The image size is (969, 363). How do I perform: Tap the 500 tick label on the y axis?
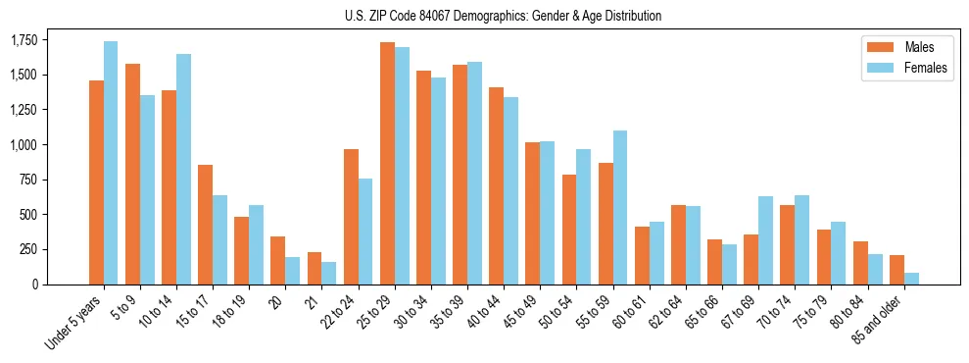coord(30,215)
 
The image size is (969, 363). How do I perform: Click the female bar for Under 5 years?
coord(111,163)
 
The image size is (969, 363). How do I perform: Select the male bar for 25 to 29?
coord(387,163)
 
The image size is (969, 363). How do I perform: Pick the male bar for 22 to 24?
coord(351,217)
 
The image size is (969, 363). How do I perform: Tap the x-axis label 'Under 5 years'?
coord(73,323)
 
